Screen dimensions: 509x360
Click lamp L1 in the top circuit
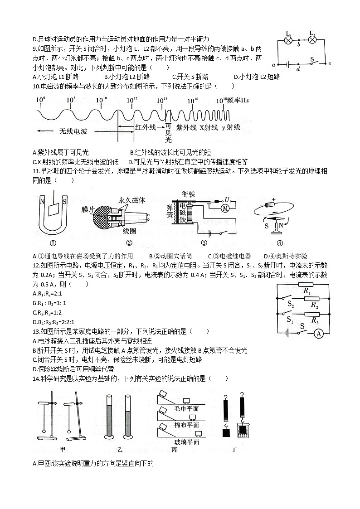(287, 40)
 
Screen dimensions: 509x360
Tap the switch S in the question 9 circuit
(312, 62)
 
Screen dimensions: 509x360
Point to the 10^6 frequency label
(40, 100)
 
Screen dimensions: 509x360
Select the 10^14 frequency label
(162, 100)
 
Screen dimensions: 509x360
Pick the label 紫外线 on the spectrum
(186, 128)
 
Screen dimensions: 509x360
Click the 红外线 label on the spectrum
(146, 128)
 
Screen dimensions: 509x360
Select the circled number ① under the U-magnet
(53, 242)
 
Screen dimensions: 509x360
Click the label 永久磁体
(132, 200)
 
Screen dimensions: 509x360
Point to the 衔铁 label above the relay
(188, 194)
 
